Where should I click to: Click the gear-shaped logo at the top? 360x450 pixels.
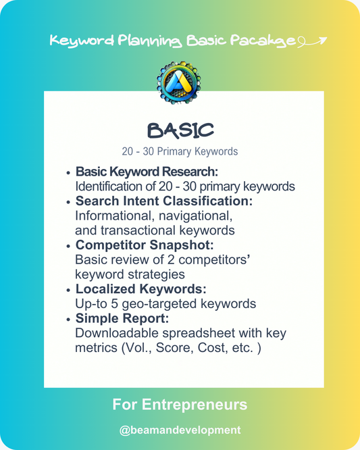[x=179, y=83]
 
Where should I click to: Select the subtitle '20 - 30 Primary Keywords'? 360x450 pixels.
[x=180, y=151]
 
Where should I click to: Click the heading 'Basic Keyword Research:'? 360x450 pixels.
[x=147, y=172]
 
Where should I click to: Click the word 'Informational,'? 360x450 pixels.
[x=115, y=216]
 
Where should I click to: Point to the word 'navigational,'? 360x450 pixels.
[x=196, y=216]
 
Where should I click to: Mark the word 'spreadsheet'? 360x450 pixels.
[x=197, y=333]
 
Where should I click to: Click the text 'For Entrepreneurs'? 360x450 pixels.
[x=180, y=405]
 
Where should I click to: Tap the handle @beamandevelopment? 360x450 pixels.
[x=180, y=430]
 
